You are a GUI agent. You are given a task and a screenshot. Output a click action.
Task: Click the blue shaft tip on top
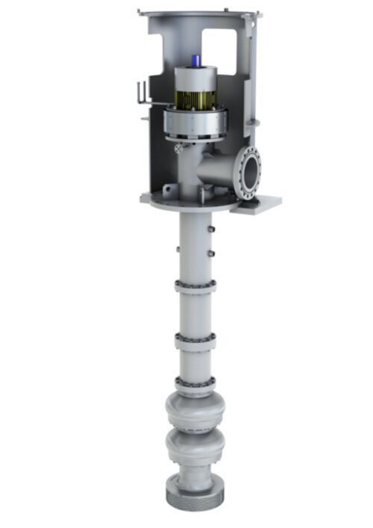click(x=195, y=60)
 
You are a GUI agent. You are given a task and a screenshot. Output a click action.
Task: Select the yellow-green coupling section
click(x=195, y=98)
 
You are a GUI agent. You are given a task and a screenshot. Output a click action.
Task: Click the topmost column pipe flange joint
click(x=195, y=286)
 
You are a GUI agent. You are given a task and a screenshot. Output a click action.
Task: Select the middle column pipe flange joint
click(x=195, y=338)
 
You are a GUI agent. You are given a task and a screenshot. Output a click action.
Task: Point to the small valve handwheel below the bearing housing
click(x=179, y=149)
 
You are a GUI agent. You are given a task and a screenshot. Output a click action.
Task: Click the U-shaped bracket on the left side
click(x=146, y=93)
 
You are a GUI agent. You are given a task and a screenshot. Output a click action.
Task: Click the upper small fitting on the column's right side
click(x=213, y=227)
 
